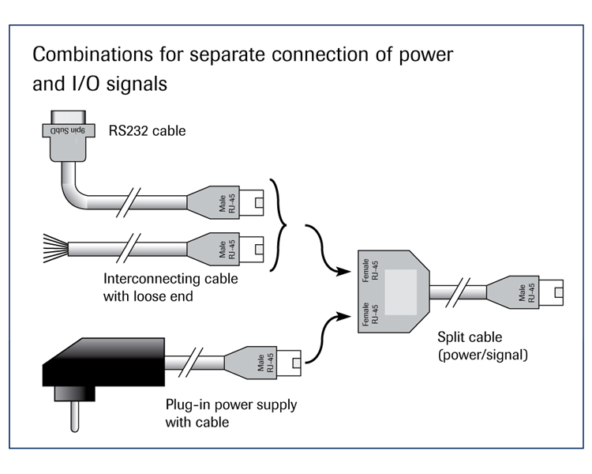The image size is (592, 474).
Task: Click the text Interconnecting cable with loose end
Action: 170,288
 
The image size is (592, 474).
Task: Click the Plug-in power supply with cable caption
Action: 231,414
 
